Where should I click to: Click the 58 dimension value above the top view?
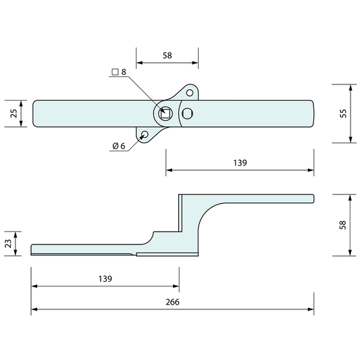[167, 56]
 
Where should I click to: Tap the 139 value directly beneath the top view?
[240, 163]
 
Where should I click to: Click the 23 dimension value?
[8, 243]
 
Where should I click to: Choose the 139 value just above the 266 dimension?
[104, 278]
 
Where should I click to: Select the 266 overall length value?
[172, 302]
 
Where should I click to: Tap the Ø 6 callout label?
[118, 146]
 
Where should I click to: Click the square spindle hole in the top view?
[165, 113]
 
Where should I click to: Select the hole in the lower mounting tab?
[145, 134]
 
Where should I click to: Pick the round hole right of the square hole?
[188, 113]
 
